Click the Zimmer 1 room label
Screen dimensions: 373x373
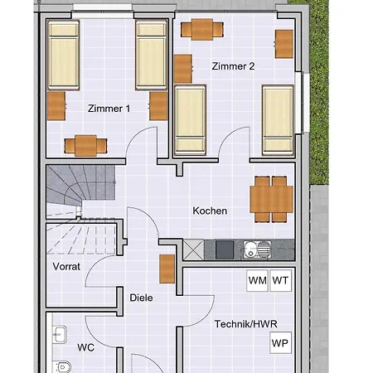(x=109, y=109)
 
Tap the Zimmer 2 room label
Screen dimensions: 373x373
(x=233, y=66)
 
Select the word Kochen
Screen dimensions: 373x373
(x=210, y=211)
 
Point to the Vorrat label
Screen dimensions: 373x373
(x=65, y=266)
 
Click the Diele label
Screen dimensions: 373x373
(x=141, y=298)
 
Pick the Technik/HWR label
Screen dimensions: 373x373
(x=245, y=324)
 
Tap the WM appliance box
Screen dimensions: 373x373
(x=257, y=280)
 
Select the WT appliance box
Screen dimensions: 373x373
(x=282, y=280)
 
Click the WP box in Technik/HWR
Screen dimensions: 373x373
(x=281, y=341)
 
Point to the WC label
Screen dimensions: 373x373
(x=87, y=347)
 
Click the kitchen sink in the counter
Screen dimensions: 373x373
(x=255, y=248)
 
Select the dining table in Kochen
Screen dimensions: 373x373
(x=271, y=199)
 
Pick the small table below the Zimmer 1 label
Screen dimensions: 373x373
(x=85, y=145)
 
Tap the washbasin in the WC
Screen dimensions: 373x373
(x=60, y=336)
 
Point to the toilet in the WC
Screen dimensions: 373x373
(x=61, y=366)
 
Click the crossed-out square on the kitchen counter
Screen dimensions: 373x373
(x=193, y=248)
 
